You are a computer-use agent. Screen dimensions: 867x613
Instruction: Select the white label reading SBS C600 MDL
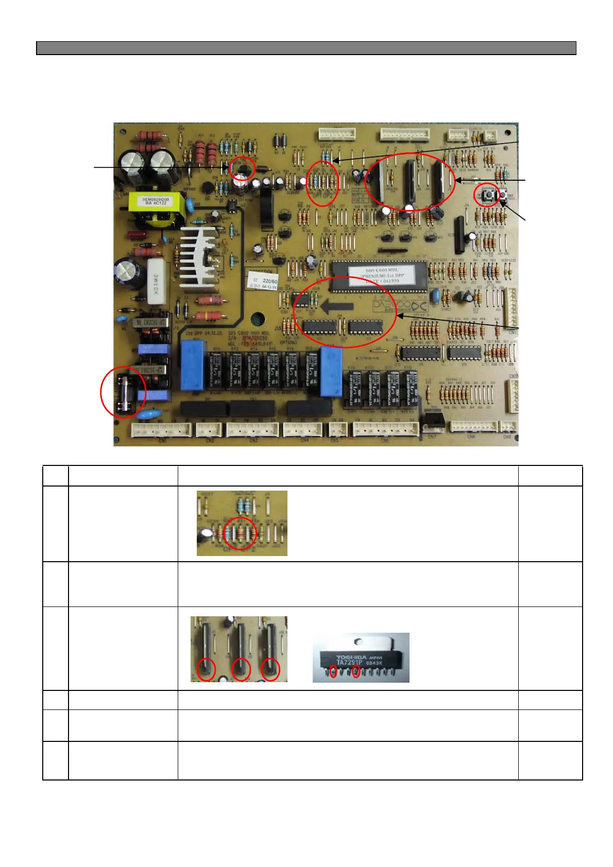pos(382,275)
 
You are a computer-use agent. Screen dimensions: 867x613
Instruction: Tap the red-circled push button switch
pos(486,195)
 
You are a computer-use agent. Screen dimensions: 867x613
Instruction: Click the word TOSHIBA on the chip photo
pos(350,657)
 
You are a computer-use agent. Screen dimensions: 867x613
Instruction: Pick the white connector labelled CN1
pos(161,429)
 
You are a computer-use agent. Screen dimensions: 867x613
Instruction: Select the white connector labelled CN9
pos(508,426)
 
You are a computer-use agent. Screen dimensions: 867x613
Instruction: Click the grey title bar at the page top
pos(306,48)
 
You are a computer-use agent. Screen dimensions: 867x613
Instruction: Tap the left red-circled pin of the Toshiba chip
pos(333,671)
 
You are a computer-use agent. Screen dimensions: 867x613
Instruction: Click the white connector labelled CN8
pos(474,426)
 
